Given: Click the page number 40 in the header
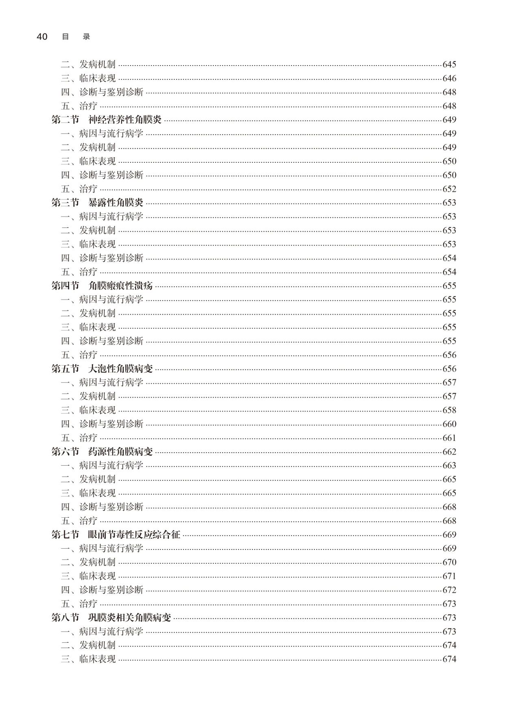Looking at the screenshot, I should [x=42, y=37].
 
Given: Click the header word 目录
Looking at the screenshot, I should [x=76, y=37].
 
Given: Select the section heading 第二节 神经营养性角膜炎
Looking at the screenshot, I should [x=106, y=120].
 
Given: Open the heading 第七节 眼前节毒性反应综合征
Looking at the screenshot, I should [x=116, y=535].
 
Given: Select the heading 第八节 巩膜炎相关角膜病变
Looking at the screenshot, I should [x=111, y=618].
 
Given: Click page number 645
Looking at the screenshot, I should [x=449, y=64].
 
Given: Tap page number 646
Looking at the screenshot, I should [x=449, y=78].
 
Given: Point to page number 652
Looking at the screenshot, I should [x=449, y=189].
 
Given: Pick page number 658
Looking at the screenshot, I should [x=449, y=410].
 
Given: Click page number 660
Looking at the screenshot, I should [x=449, y=424].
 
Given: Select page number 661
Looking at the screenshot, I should [x=449, y=438].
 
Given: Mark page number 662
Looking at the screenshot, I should [x=449, y=452].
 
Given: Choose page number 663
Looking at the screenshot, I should [x=449, y=466].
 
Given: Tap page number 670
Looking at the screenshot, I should [x=449, y=563].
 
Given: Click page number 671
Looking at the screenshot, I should [x=449, y=576].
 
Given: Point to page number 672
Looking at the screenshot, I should [x=449, y=590].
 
